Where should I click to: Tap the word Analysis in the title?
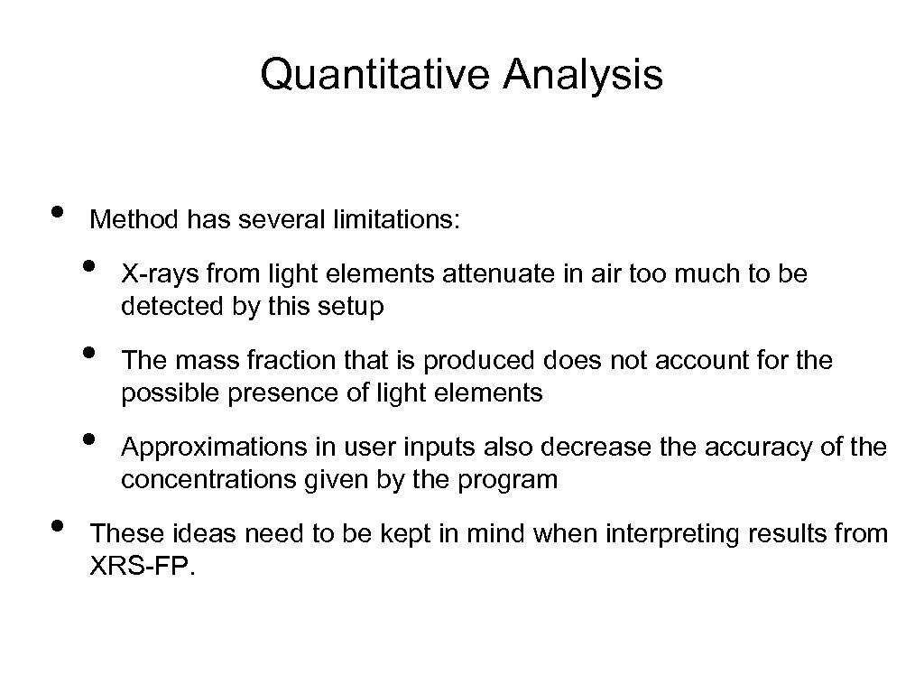click(584, 76)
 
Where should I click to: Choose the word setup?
click(351, 307)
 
